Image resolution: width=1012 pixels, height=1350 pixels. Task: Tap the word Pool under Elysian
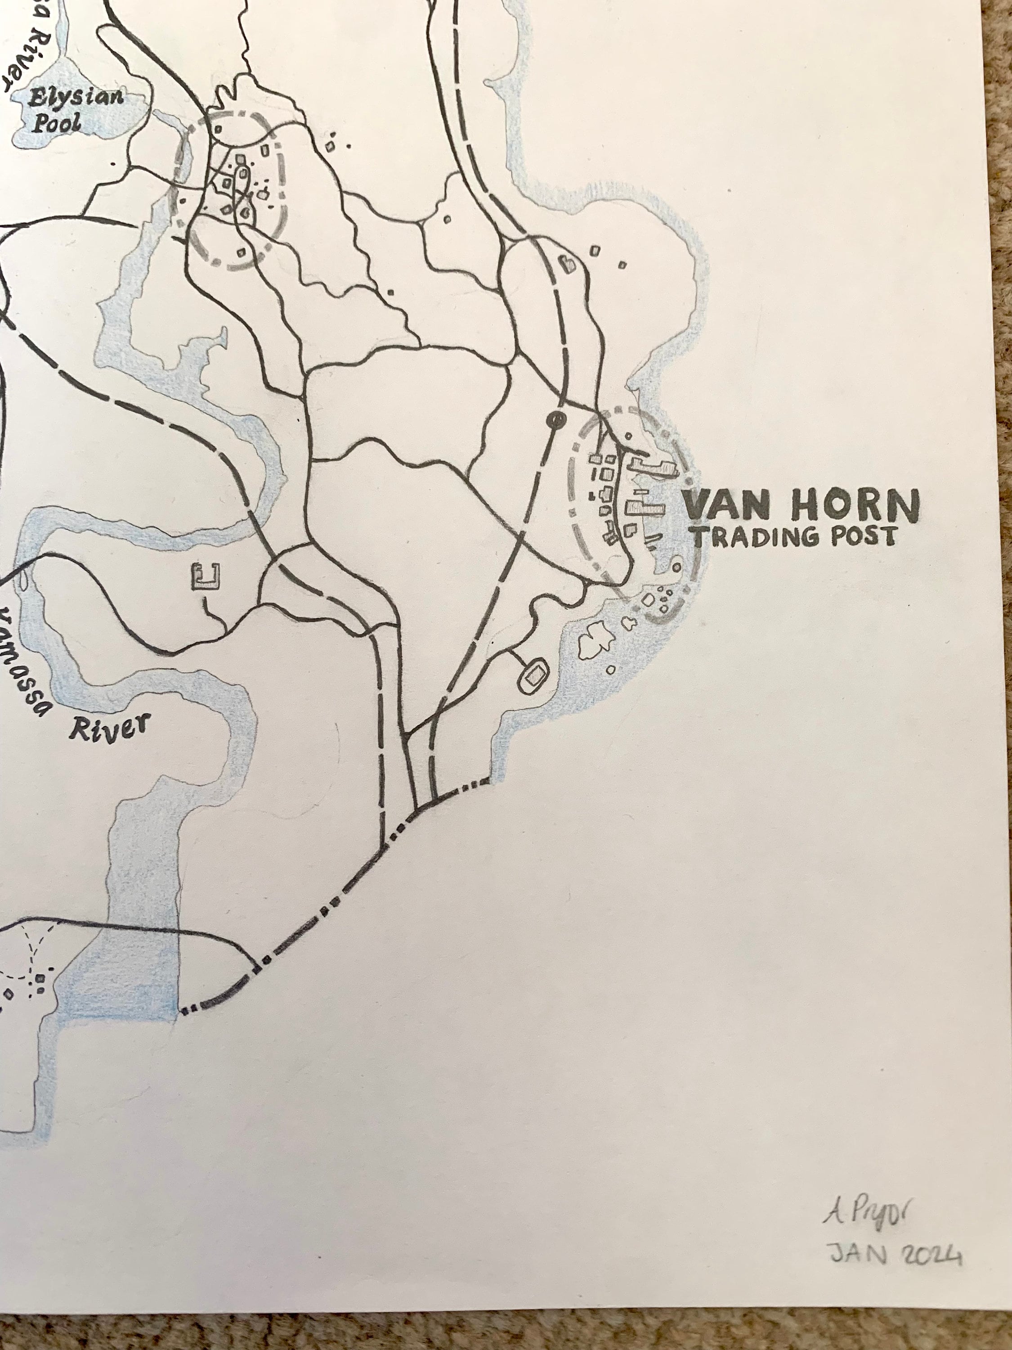tap(56, 124)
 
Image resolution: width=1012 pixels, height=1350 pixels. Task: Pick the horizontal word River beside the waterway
tap(108, 728)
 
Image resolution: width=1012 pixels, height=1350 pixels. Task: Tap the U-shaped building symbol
tap(206, 577)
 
